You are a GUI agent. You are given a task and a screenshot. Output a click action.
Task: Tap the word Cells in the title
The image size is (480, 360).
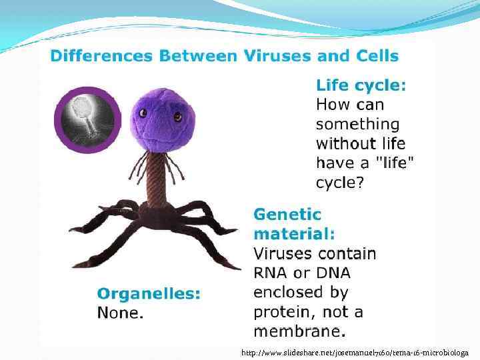(375, 55)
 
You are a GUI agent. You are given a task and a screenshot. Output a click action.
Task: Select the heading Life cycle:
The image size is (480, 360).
(361, 85)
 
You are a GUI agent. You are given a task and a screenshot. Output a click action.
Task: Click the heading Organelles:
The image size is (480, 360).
(148, 293)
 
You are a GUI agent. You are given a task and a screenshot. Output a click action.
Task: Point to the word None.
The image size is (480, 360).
(120, 312)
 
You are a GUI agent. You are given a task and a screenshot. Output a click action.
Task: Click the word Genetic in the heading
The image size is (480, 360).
(287, 215)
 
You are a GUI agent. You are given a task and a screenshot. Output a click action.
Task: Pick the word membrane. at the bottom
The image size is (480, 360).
(299, 331)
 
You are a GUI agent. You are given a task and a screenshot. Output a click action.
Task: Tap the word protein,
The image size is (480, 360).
(285, 312)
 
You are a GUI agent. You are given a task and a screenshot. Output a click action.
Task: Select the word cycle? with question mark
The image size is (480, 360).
(340, 182)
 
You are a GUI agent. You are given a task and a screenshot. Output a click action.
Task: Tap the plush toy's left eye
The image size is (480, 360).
(143, 116)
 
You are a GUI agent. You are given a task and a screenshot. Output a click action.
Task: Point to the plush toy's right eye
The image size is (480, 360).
(178, 117)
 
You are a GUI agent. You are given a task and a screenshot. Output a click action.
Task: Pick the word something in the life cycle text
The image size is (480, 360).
(357, 124)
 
